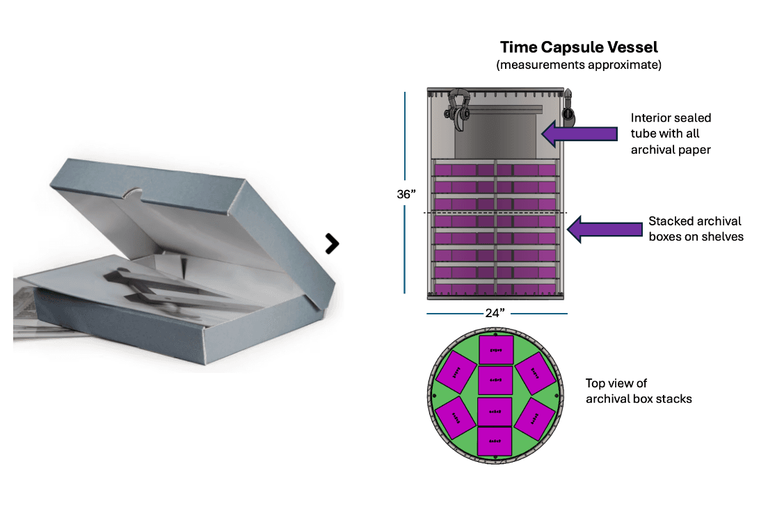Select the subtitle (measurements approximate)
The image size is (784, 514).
pos(578,65)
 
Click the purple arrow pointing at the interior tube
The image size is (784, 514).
pos(579,134)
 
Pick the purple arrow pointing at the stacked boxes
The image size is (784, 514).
pos(604,229)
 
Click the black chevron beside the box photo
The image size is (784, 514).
pos(332,243)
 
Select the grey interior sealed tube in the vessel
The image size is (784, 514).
pos(496,136)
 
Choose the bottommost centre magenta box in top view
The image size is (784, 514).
pos(495,442)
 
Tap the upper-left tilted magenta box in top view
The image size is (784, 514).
pos(456,372)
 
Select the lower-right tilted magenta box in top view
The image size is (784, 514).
pos(534,419)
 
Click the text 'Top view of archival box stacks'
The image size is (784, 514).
pos(639,391)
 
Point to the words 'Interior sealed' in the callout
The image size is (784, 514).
pos(671,118)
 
